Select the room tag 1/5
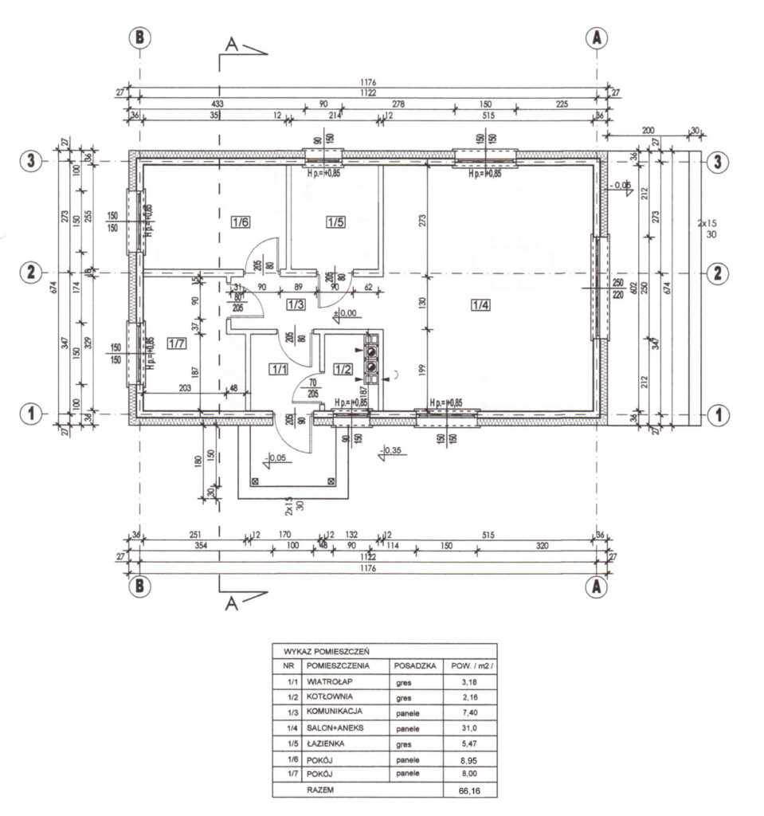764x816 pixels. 335,222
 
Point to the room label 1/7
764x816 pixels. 176,343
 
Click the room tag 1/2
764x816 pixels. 343,368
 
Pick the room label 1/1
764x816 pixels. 278,368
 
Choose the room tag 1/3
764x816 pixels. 296,304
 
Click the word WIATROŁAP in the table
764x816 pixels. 330,682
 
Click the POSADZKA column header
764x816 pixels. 413,665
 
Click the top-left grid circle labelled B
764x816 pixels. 139,37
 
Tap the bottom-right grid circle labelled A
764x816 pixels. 594,586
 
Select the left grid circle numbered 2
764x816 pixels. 30,273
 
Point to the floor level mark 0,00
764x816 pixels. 347,314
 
